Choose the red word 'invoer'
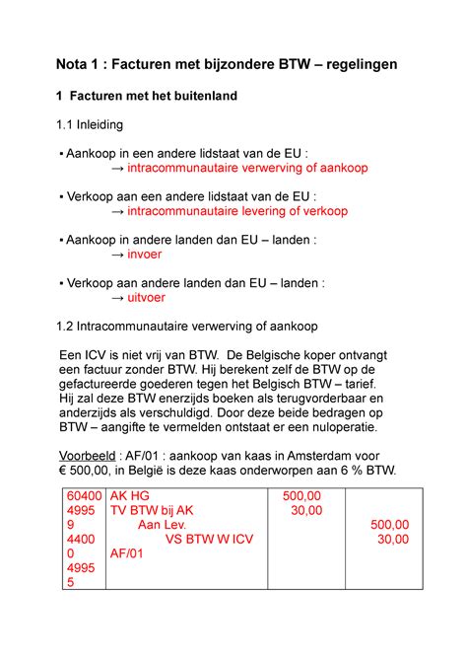[x=145, y=254]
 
